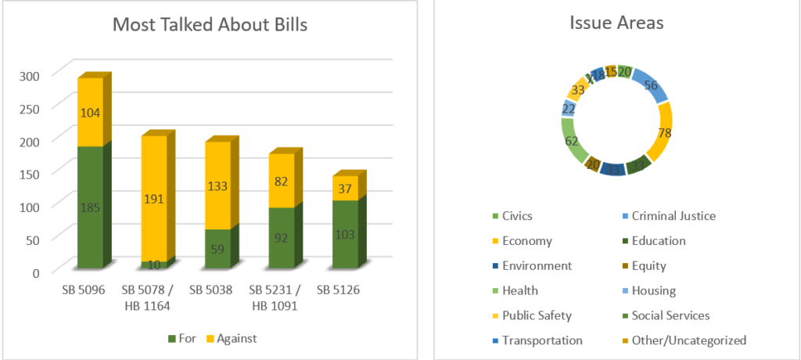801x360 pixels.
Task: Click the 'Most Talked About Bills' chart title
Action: [210, 24]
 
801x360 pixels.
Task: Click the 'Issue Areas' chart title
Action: [616, 23]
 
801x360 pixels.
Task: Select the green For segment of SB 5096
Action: [90, 207]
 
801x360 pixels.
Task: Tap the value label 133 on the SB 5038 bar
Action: [217, 185]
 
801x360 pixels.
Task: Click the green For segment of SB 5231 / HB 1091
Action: [281, 238]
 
